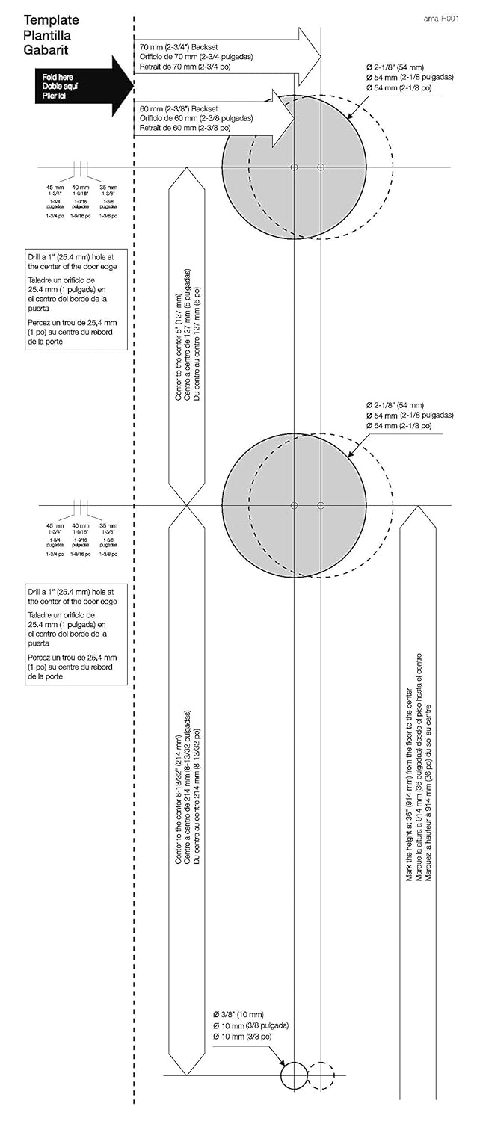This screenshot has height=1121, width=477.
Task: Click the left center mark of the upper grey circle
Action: tap(294, 166)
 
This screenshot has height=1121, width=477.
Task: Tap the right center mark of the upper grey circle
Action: tap(321, 166)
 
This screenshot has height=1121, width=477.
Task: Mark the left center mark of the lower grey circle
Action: tap(294, 505)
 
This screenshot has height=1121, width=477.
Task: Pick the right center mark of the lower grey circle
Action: tap(321, 505)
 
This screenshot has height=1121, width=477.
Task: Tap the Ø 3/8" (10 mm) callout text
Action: tap(238, 1014)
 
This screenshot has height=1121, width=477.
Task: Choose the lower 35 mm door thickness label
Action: tap(108, 526)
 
